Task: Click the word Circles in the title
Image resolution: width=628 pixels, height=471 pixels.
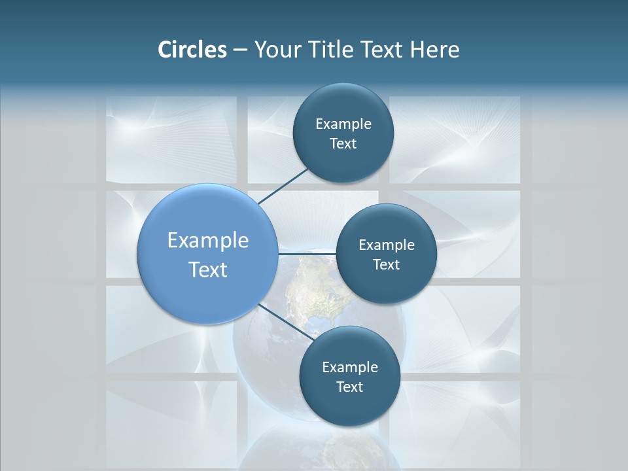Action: [x=192, y=50]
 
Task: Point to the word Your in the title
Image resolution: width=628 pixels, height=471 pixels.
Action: [x=277, y=50]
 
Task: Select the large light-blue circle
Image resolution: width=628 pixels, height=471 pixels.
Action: [x=207, y=254]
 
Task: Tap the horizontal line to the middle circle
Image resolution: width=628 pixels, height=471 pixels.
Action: [x=307, y=254]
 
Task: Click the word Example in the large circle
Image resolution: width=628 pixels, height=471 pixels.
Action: [x=208, y=241]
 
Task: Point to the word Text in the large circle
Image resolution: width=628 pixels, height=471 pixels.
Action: [x=208, y=270]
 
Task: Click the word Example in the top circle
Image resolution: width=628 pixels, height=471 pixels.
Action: [x=343, y=124]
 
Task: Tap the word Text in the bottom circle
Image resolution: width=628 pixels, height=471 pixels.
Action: [x=349, y=387]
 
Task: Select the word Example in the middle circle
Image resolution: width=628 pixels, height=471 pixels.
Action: [x=387, y=245]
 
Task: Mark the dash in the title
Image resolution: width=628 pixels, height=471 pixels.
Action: [x=240, y=50]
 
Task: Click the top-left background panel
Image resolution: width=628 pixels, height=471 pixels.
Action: [x=171, y=139]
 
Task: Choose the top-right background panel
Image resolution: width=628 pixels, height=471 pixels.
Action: [x=455, y=139]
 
